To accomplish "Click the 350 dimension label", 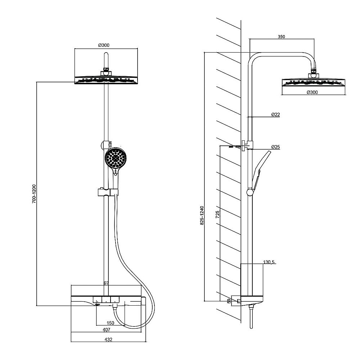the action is pyautogui.click(x=281, y=36).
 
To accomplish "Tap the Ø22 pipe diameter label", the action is pyautogui.click(x=275, y=114).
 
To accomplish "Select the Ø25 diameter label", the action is pyautogui.click(x=275, y=147).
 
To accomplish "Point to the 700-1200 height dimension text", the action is pyautogui.click(x=34, y=194).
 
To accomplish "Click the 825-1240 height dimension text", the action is pyautogui.click(x=202, y=215).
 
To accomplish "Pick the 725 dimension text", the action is pyautogui.click(x=218, y=214).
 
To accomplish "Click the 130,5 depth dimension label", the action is pyautogui.click(x=269, y=262).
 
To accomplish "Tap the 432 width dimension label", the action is pyautogui.click(x=108, y=339).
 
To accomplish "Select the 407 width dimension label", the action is pyautogui.click(x=107, y=330).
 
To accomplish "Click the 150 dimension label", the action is pyautogui.click(x=111, y=323).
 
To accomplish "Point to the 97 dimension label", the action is pyautogui.click(x=106, y=283).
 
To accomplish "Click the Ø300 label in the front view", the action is pyautogui.click(x=104, y=45).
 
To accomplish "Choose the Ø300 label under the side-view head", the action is pyautogui.click(x=312, y=92).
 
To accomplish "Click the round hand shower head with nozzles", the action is pyautogui.click(x=115, y=158).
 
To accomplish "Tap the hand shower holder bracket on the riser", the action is pyautogui.click(x=108, y=192).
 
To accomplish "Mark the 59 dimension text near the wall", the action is pyautogui.click(x=229, y=301).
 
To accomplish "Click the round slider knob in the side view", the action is pyautogui.click(x=250, y=192).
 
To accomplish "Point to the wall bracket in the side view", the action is pyautogui.click(x=247, y=145).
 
